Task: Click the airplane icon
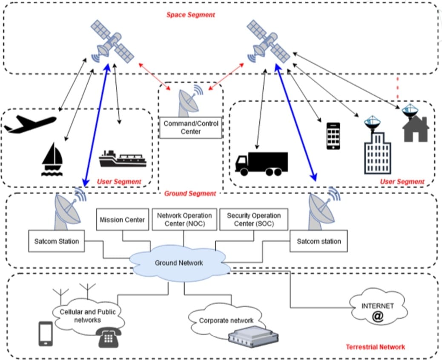click(x=30, y=124)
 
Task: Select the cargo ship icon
click(x=122, y=159)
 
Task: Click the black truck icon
click(x=261, y=164)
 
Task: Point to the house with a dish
click(x=415, y=123)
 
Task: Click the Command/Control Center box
click(x=191, y=128)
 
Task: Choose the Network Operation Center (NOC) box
click(x=184, y=219)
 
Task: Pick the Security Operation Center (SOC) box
click(x=253, y=219)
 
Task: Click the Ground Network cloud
click(x=179, y=263)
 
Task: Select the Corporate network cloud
click(x=226, y=320)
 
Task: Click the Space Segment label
click(x=190, y=15)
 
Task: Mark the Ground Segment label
click(x=190, y=194)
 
